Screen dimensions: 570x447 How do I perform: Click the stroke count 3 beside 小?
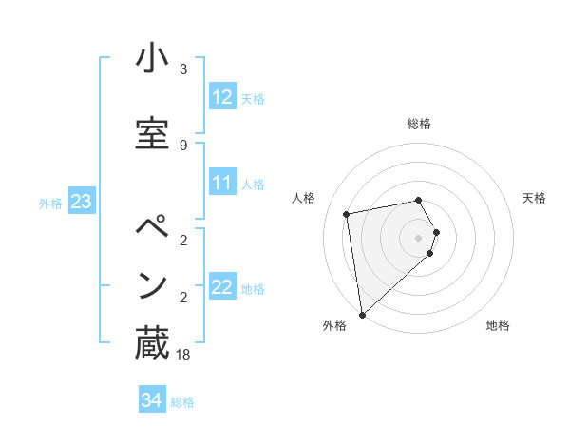(x=183, y=69)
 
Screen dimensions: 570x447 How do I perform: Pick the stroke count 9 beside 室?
(x=183, y=145)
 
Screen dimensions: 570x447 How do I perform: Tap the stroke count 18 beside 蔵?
(x=183, y=355)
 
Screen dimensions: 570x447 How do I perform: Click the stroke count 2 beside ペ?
(x=183, y=239)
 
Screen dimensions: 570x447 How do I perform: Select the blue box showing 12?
(x=222, y=97)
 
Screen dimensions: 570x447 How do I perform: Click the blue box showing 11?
(x=222, y=183)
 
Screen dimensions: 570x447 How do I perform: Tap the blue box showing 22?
(x=222, y=287)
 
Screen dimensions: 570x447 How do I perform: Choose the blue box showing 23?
(x=82, y=202)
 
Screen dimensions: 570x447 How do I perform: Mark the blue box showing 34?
(x=151, y=400)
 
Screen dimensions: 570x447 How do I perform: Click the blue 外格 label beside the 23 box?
(x=50, y=203)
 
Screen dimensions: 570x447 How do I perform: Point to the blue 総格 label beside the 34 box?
(x=182, y=402)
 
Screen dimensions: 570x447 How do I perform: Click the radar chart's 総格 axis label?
(x=419, y=124)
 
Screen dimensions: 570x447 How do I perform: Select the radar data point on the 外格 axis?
(x=361, y=314)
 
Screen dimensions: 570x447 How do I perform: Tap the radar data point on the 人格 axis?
(x=347, y=214)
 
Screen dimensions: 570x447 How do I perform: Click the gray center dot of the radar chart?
(x=419, y=237)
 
